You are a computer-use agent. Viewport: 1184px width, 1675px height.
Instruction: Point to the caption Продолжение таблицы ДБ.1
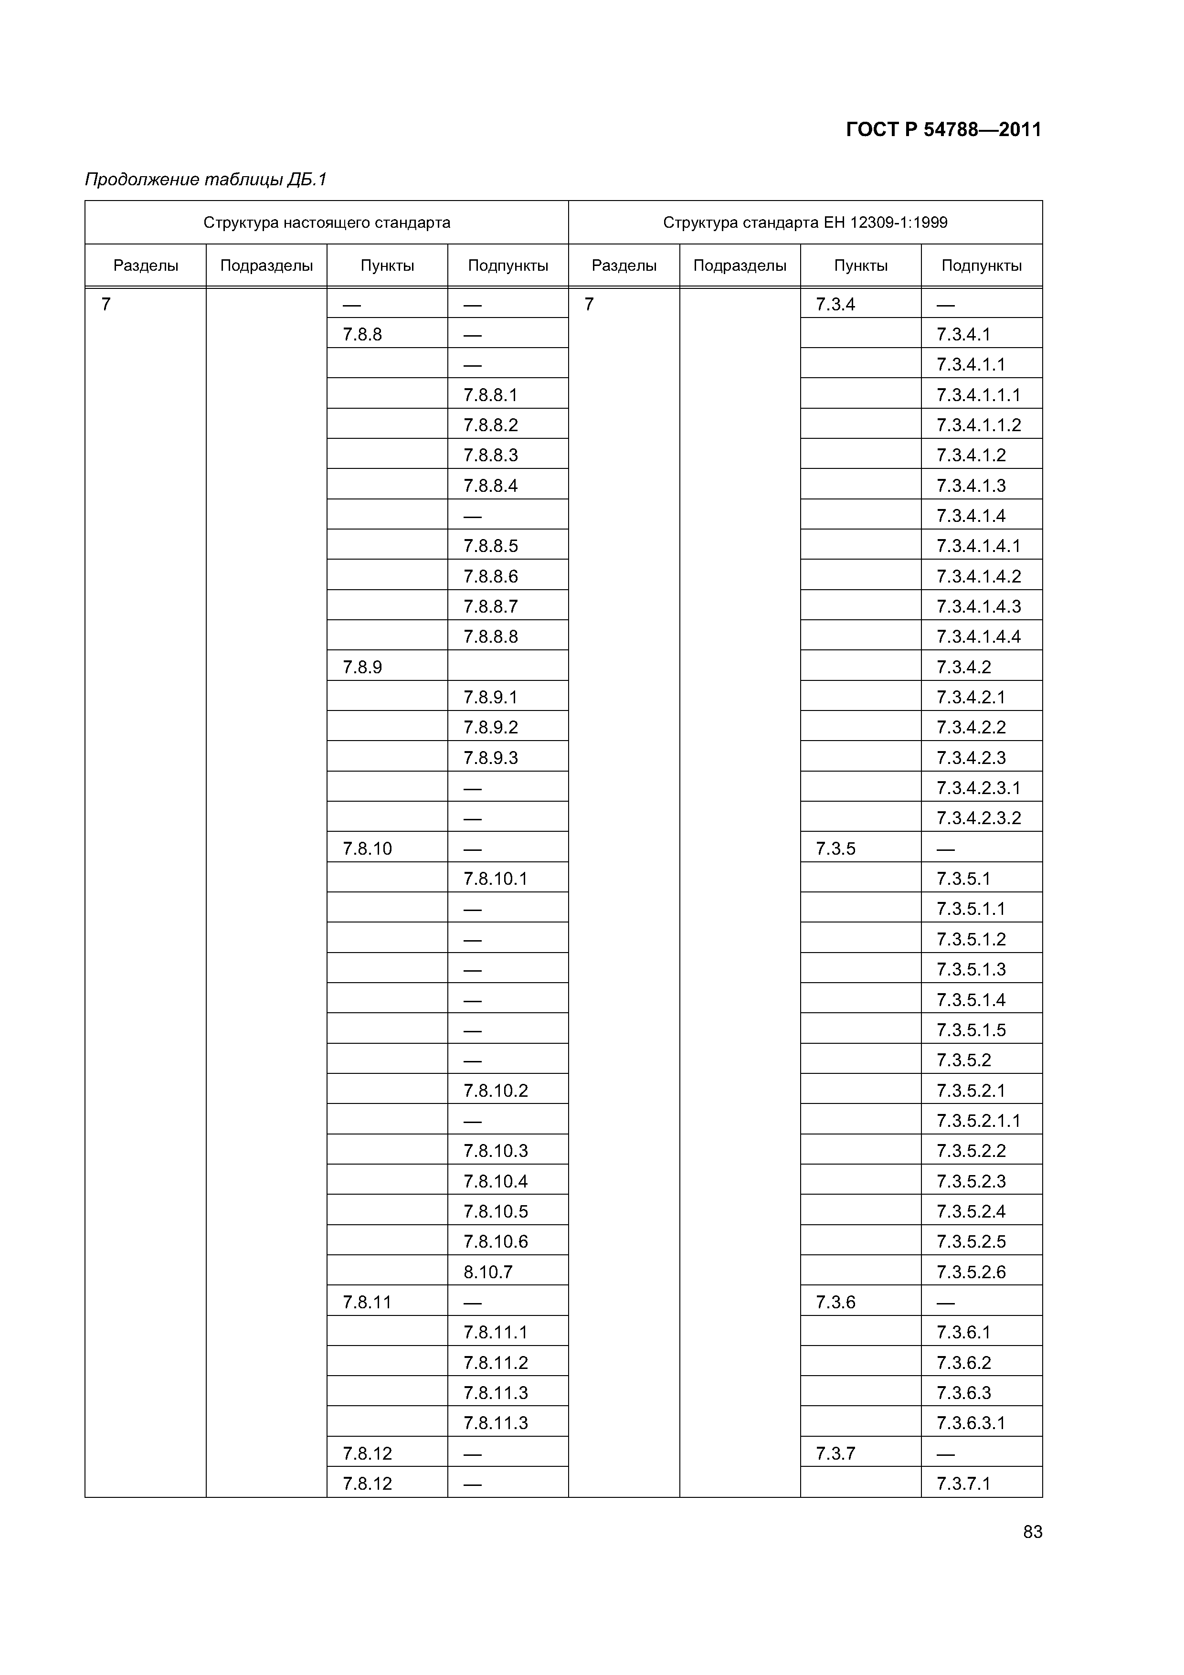[x=206, y=180]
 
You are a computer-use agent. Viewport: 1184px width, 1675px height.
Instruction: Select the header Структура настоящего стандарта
[x=327, y=223]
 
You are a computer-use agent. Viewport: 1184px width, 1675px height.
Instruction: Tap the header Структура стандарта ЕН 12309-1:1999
[x=804, y=223]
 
